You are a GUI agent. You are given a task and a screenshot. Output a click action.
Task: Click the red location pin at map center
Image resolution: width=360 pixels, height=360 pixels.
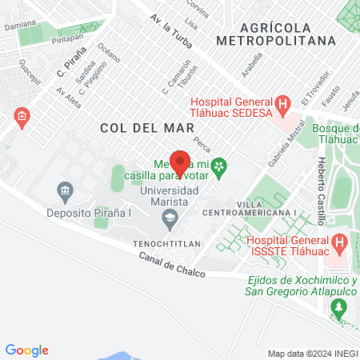[180, 162]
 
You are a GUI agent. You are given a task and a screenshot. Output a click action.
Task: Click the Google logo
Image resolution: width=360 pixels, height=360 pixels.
[26, 350]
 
